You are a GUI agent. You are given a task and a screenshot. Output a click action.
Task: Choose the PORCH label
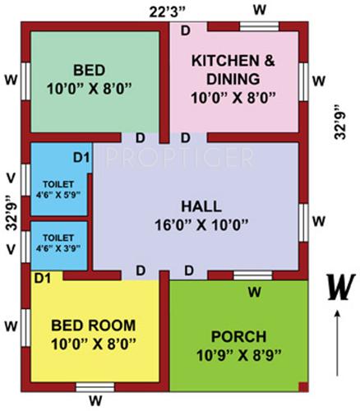[x=239, y=337]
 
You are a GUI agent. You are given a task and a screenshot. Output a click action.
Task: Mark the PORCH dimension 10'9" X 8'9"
[x=239, y=355]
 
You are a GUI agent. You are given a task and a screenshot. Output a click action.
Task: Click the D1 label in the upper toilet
[x=81, y=156]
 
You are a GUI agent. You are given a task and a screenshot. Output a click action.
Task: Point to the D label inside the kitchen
[x=185, y=31]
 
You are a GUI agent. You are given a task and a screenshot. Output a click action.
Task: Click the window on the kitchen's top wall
[x=260, y=25]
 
